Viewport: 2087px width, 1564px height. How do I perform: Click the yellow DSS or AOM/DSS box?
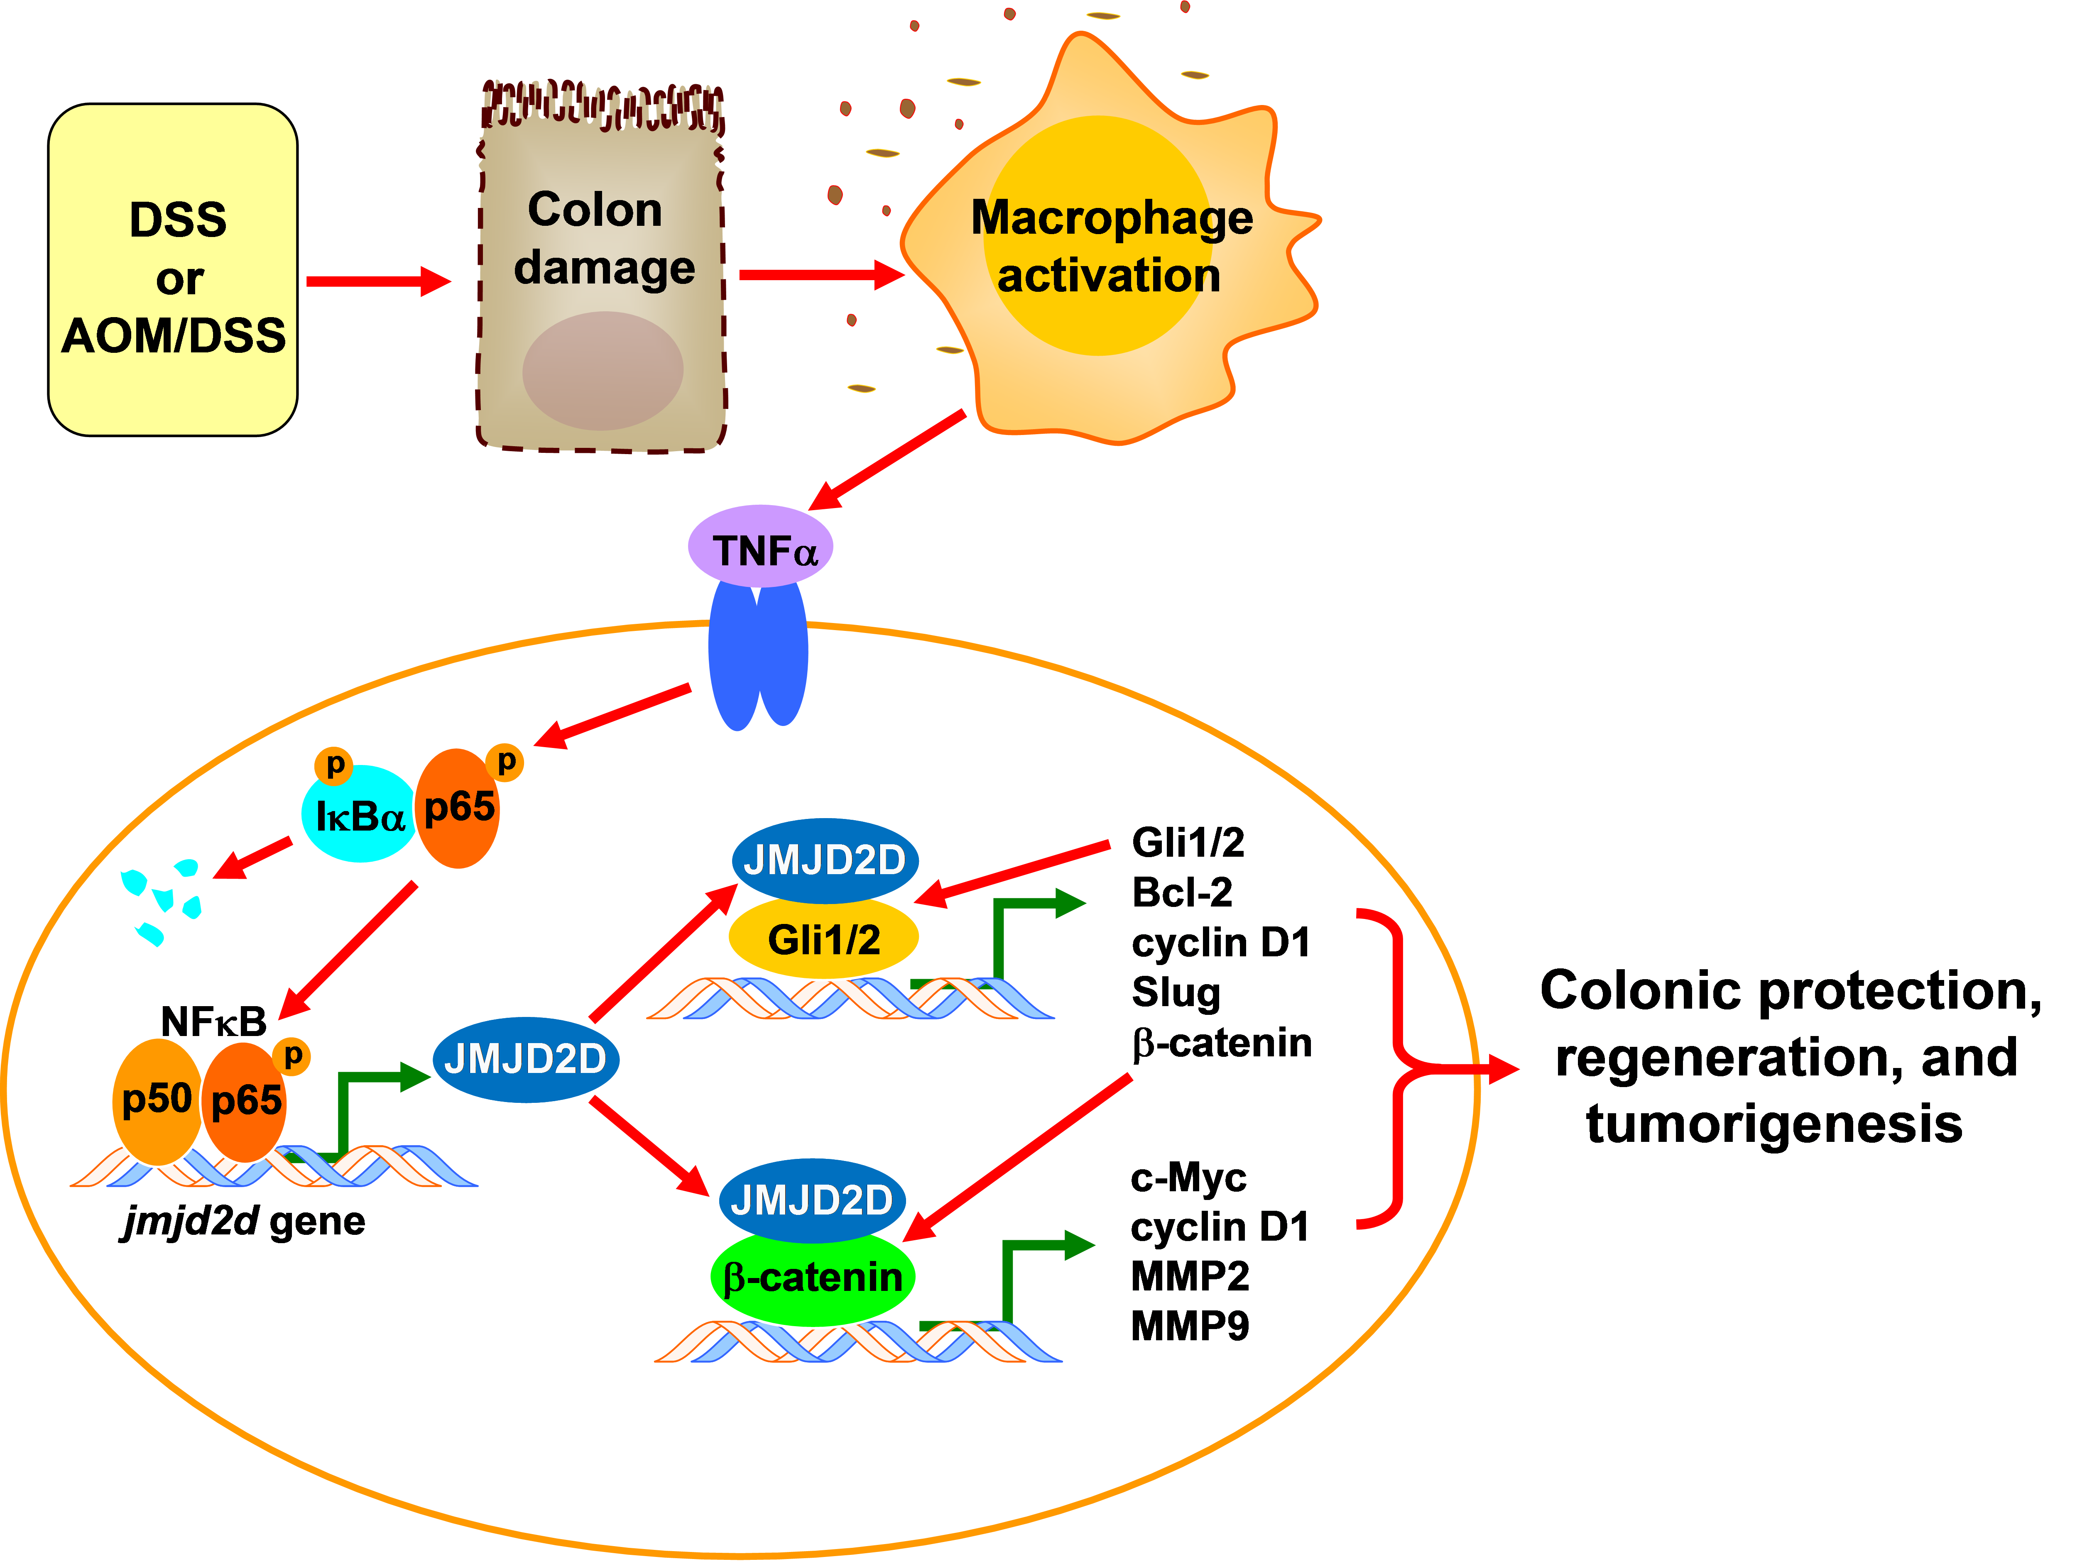point(173,270)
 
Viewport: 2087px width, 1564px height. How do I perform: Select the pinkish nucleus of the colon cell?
point(603,371)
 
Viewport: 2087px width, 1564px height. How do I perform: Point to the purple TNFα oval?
point(760,547)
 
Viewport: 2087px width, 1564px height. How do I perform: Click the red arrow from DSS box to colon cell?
point(377,281)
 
